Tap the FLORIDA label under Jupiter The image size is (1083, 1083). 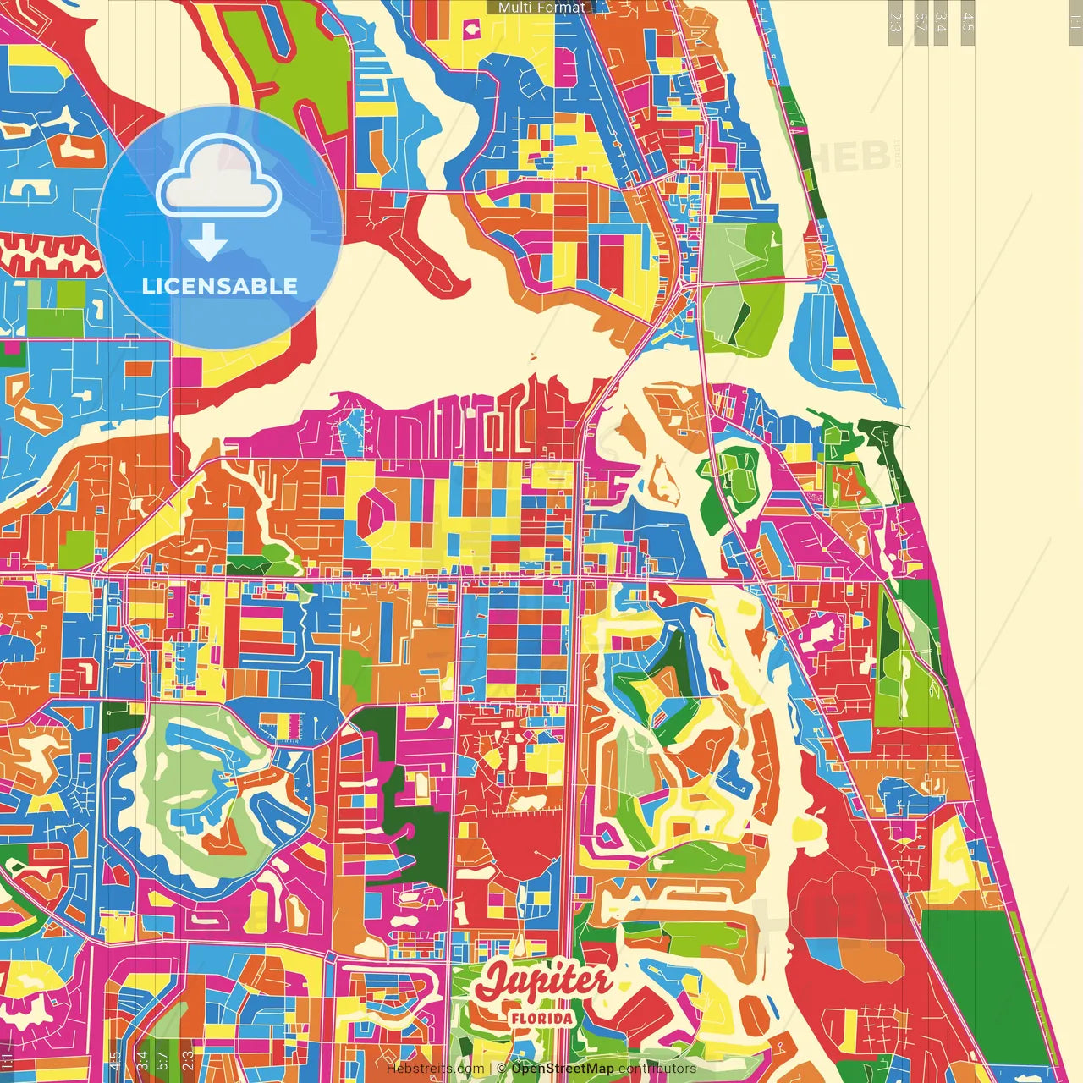pos(541,1018)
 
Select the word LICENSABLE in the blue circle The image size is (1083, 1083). pos(220,286)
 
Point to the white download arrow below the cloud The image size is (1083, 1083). pos(208,243)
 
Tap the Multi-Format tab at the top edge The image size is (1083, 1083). pos(541,8)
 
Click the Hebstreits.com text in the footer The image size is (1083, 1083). pos(435,1069)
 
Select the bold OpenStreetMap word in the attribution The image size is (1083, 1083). pos(563,1069)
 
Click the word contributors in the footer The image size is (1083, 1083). pos(657,1069)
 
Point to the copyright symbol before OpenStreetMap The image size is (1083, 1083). pos(503,1069)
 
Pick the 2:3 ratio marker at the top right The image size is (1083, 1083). pos(895,21)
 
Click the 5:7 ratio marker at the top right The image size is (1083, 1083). pos(921,21)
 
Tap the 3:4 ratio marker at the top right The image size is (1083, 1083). pos(941,21)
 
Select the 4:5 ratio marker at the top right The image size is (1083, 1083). pos(968,21)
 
